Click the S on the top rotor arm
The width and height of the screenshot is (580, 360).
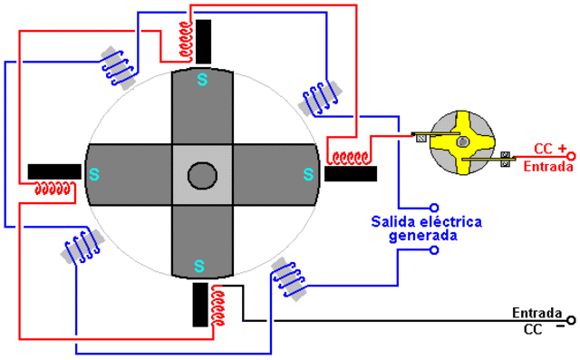pos(201,79)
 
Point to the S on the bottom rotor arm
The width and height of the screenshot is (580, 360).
pos(200,265)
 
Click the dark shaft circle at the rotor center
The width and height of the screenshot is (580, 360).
pos(201,172)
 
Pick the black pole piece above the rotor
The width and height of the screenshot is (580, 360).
pos(205,41)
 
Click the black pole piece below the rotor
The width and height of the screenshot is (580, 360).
pos(200,305)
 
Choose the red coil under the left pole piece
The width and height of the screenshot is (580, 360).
pos(53,190)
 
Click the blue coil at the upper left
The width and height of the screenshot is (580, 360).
pos(117,64)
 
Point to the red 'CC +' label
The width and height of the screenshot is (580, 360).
pos(550,149)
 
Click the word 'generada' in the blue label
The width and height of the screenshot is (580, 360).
pos(423,235)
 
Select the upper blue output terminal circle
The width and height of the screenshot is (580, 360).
pos(432,206)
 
